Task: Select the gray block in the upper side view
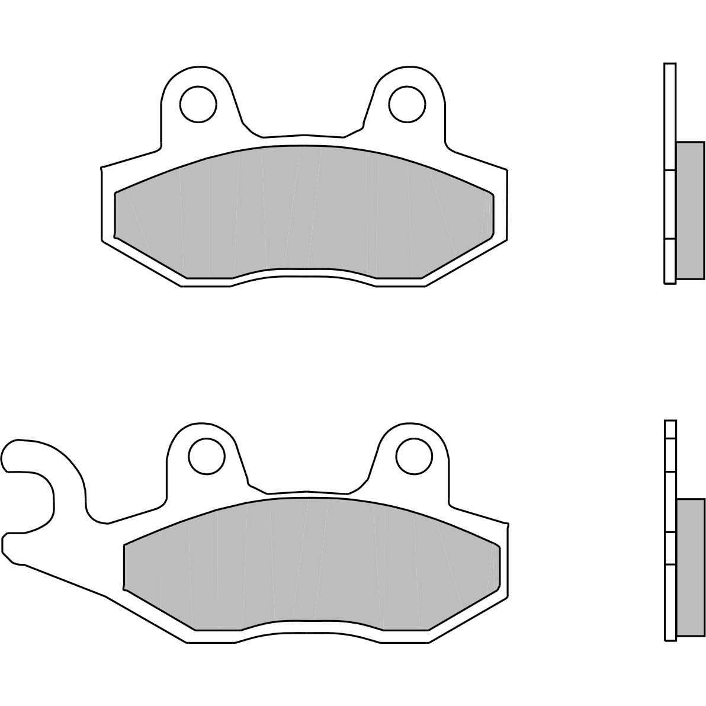(690, 210)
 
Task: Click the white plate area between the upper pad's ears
(302, 139)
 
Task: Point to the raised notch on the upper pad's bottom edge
(303, 274)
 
